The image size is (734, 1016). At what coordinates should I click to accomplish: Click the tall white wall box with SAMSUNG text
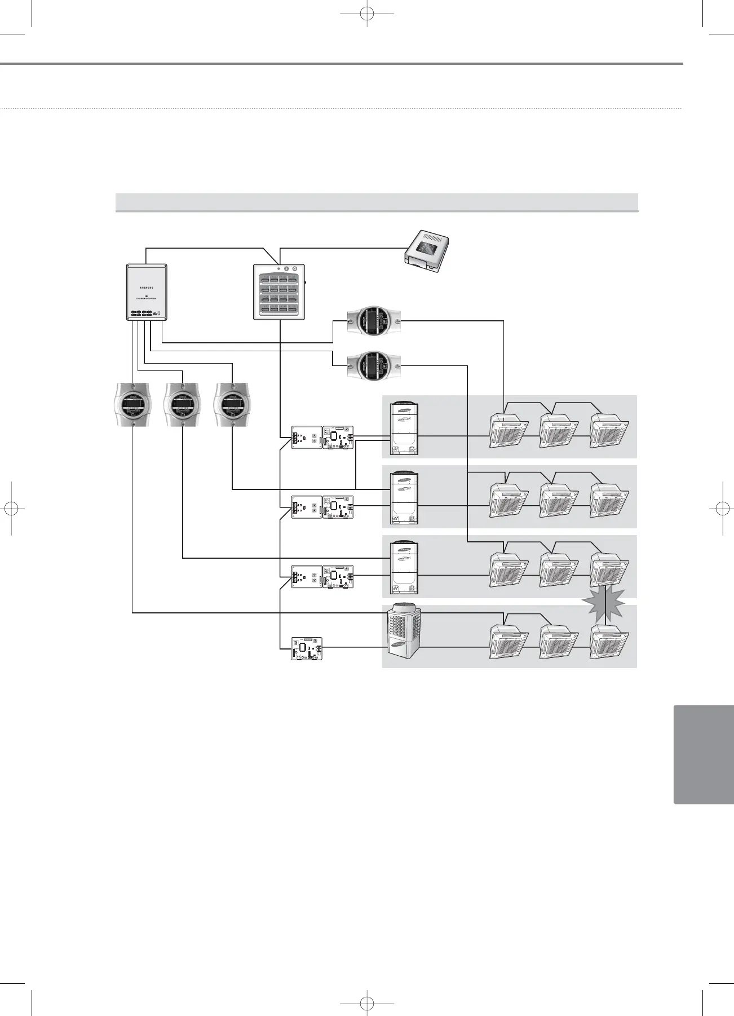(x=146, y=292)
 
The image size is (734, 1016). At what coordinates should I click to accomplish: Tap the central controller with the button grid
(x=279, y=292)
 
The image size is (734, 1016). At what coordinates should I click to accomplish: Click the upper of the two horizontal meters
(x=374, y=321)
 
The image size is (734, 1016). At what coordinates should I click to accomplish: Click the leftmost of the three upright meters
(x=132, y=404)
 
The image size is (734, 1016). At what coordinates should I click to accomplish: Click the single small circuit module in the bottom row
(x=307, y=648)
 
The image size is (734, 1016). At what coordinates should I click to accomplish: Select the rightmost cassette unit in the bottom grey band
(x=609, y=641)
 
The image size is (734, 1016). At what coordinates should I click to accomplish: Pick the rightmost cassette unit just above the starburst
(x=609, y=569)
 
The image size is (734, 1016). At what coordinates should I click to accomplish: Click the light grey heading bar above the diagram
(x=376, y=202)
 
